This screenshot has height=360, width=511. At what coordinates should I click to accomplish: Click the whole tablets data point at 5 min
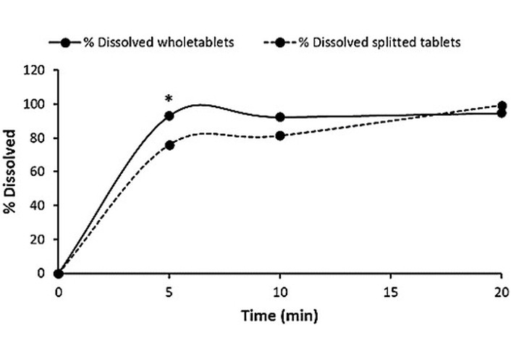point(169,116)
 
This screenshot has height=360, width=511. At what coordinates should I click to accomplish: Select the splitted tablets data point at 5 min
point(169,145)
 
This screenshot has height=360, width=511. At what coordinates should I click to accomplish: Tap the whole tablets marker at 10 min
point(280,117)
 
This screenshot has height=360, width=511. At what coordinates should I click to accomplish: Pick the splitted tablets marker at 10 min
point(280,135)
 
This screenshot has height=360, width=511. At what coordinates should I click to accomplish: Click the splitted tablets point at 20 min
point(501,106)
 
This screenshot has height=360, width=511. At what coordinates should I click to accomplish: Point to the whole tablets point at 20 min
point(501,113)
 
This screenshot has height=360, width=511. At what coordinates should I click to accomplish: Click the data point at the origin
point(59,274)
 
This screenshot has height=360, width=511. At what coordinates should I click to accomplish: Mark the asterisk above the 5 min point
point(169,99)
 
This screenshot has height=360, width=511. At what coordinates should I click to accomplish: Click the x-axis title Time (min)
point(279,316)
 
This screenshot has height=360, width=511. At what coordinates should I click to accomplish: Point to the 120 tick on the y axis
point(39,70)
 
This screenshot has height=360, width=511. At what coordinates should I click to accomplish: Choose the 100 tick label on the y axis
point(39,104)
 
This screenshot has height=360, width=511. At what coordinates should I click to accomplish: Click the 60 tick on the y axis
point(42,172)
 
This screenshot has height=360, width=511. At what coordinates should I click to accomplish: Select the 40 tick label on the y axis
point(42,206)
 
